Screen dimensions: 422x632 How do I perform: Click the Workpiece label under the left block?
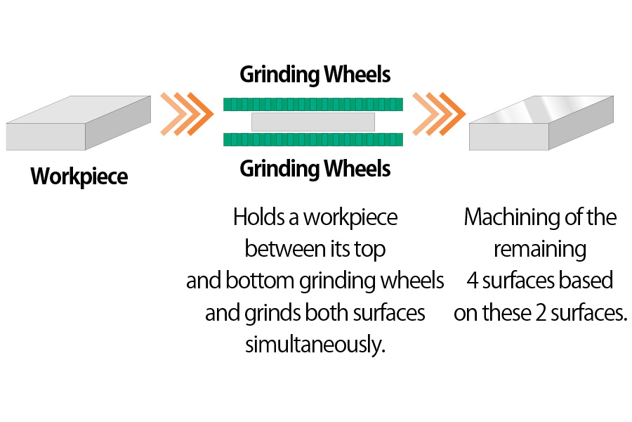(79, 176)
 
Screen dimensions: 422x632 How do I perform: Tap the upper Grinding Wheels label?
(315, 75)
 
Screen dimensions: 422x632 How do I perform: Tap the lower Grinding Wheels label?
(315, 169)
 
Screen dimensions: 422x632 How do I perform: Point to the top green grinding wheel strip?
(313, 105)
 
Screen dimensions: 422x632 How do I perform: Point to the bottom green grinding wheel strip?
(313, 139)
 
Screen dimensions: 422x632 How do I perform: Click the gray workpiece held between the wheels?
(313, 122)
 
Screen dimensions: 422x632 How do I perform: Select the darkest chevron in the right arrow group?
(454, 113)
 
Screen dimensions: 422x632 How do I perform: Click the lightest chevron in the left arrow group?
(171, 113)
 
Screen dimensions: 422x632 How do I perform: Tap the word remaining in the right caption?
(539, 249)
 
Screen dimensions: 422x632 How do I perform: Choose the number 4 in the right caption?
(473, 281)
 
